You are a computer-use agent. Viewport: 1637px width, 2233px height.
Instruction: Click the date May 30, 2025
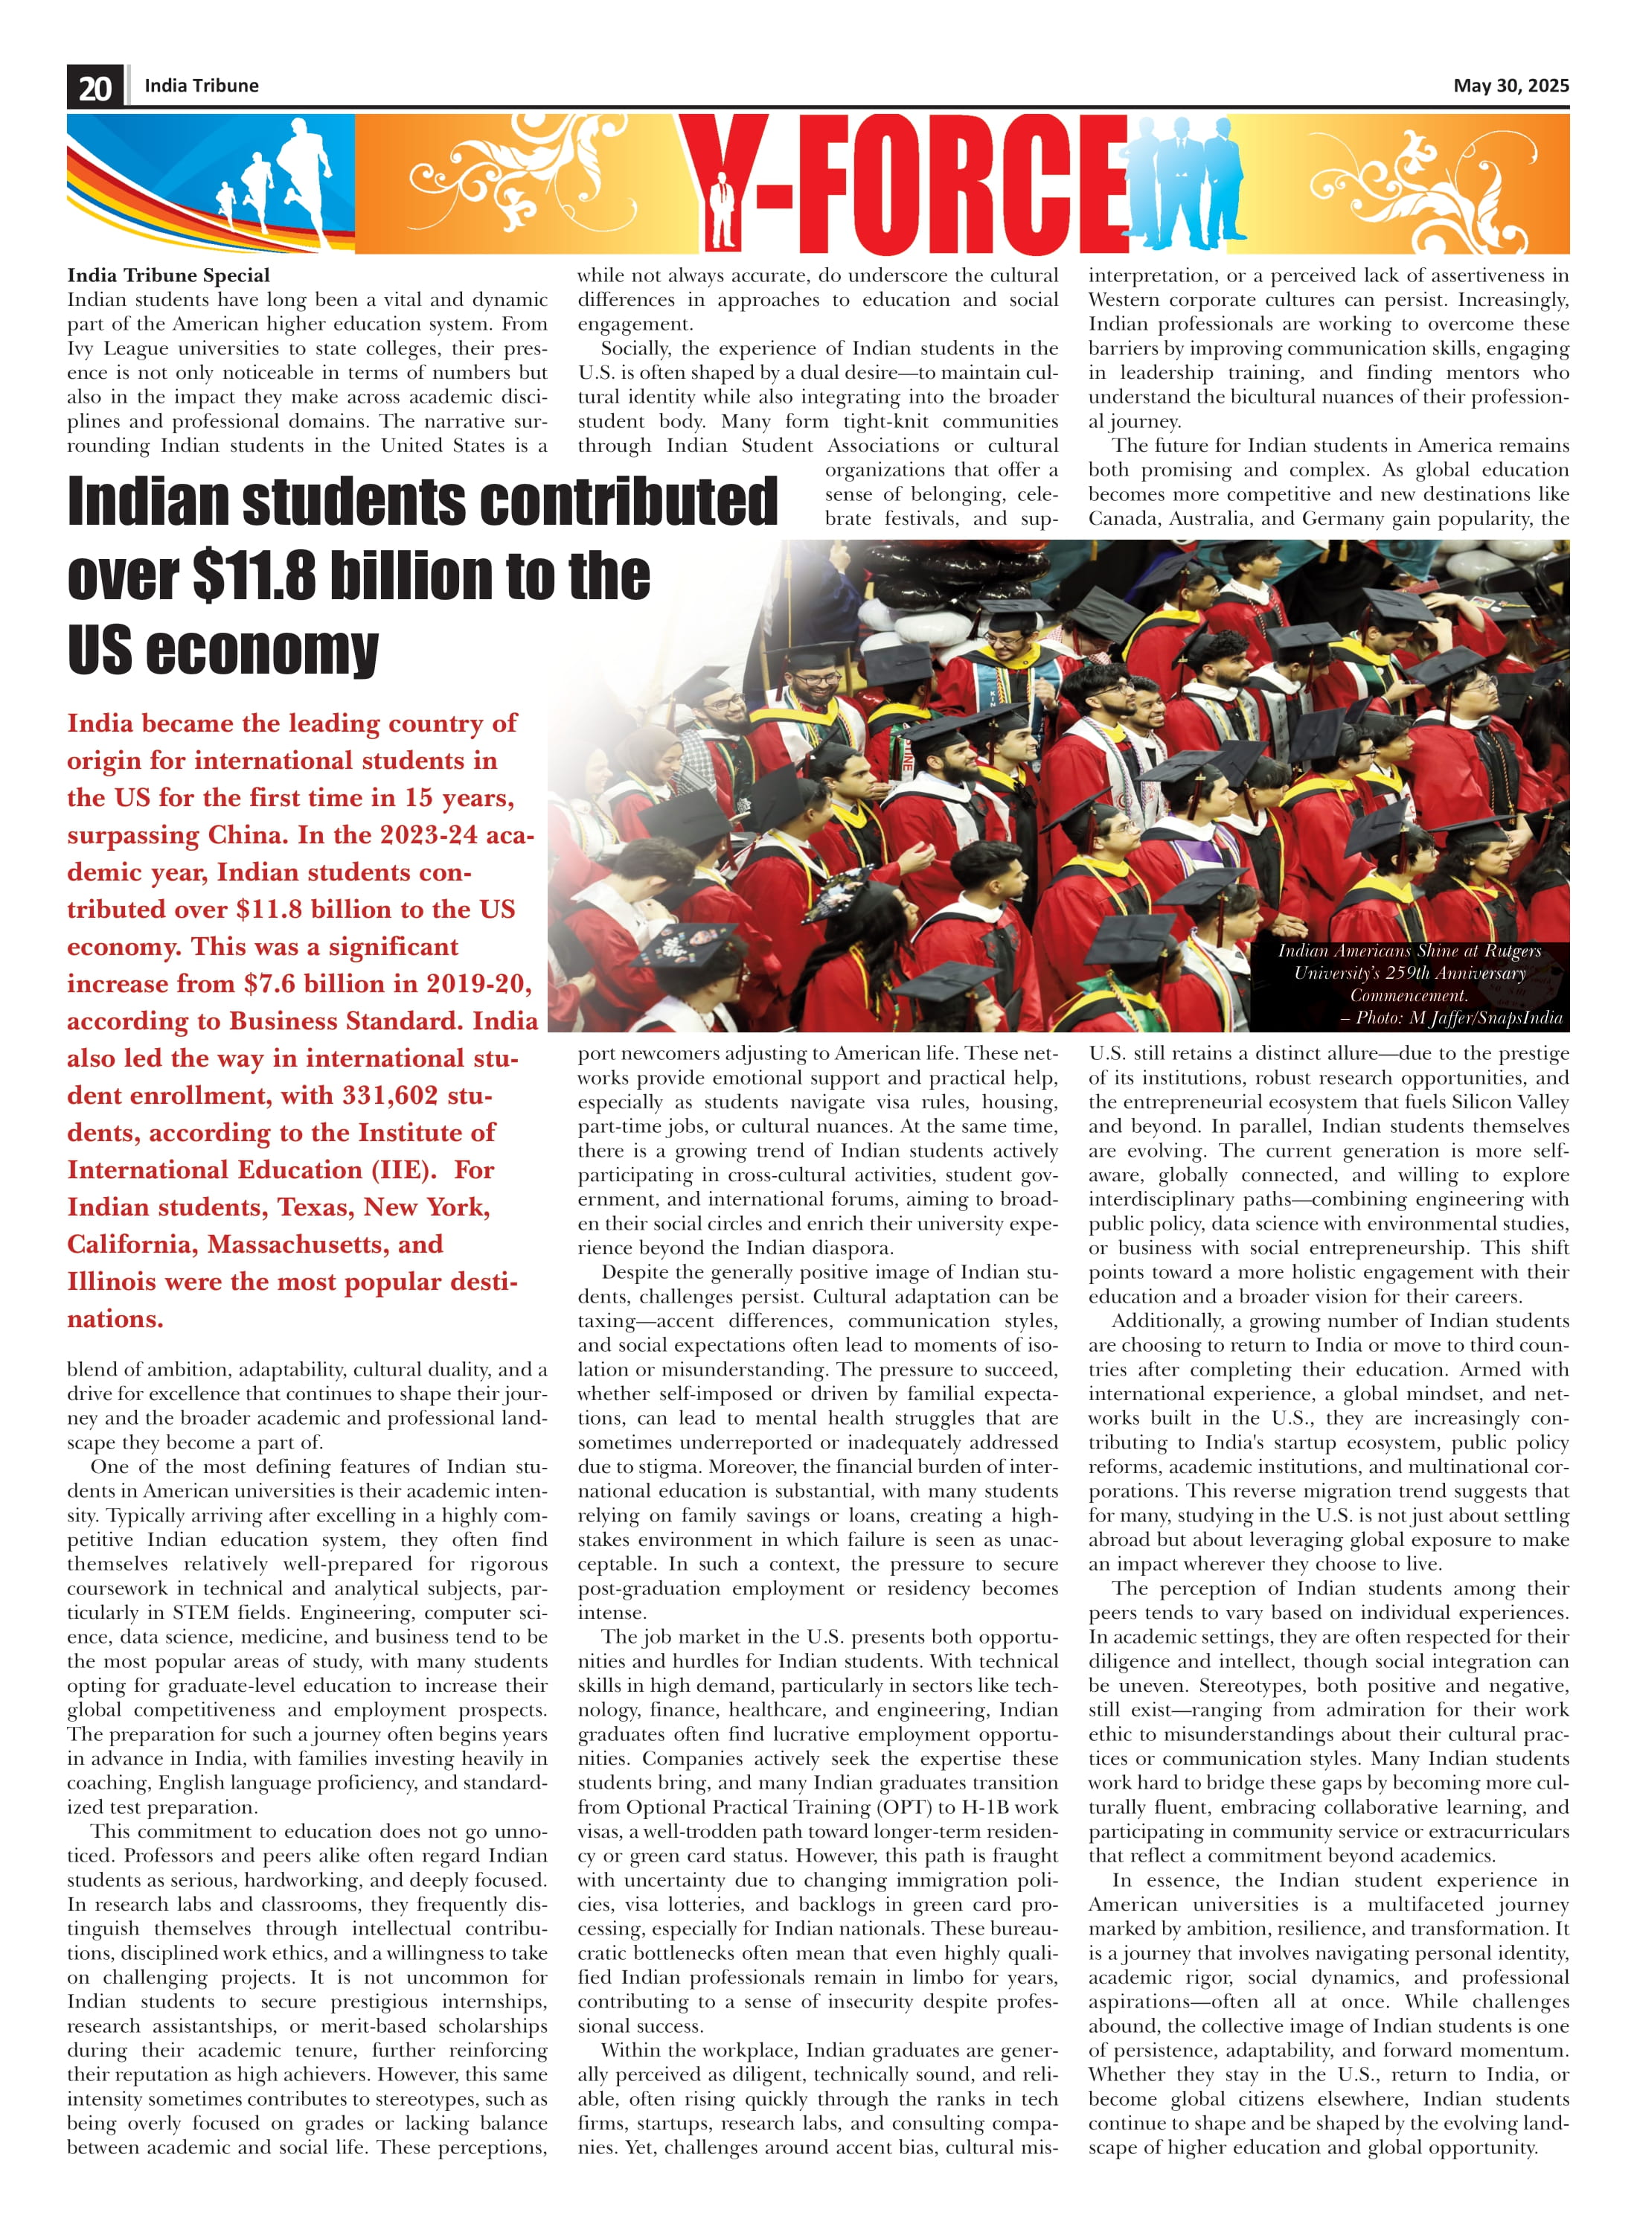[1511, 86]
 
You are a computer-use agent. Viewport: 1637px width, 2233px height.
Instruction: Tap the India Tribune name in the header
[201, 86]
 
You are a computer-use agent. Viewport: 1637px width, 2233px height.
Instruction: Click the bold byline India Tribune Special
[168, 275]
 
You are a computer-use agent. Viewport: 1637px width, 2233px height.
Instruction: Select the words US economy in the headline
[223, 651]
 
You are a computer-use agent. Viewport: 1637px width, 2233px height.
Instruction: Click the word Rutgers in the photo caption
[1512, 951]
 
